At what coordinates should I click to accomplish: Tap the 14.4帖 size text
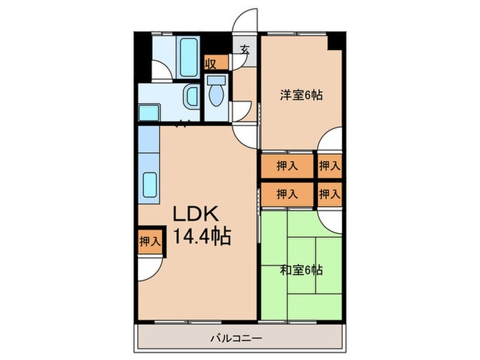201,237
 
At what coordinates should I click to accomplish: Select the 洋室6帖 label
300,95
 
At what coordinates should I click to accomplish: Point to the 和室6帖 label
300,269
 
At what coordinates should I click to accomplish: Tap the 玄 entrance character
245,49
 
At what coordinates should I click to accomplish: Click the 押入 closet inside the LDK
149,241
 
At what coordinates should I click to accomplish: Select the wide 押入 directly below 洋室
287,165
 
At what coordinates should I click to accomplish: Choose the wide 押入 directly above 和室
287,193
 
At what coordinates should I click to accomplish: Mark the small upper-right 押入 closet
329,165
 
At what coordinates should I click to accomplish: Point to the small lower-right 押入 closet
329,193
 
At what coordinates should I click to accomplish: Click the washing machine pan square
149,112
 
